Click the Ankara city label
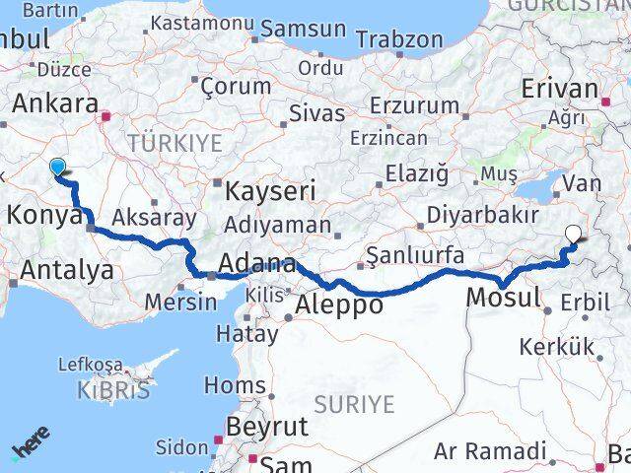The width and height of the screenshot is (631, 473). tap(54, 104)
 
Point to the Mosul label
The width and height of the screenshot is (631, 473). tap(503, 297)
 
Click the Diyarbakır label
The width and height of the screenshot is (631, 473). tap(482, 215)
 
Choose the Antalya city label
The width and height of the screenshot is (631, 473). tap(66, 270)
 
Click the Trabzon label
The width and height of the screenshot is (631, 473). tap(398, 40)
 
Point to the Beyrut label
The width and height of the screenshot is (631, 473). tap(267, 427)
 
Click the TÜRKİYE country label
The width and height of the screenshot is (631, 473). tap(174, 143)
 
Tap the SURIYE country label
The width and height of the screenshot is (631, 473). tap(355, 404)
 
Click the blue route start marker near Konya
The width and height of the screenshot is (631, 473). tap(57, 168)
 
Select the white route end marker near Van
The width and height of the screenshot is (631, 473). tap(575, 235)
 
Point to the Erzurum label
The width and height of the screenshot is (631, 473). tap(408, 103)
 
